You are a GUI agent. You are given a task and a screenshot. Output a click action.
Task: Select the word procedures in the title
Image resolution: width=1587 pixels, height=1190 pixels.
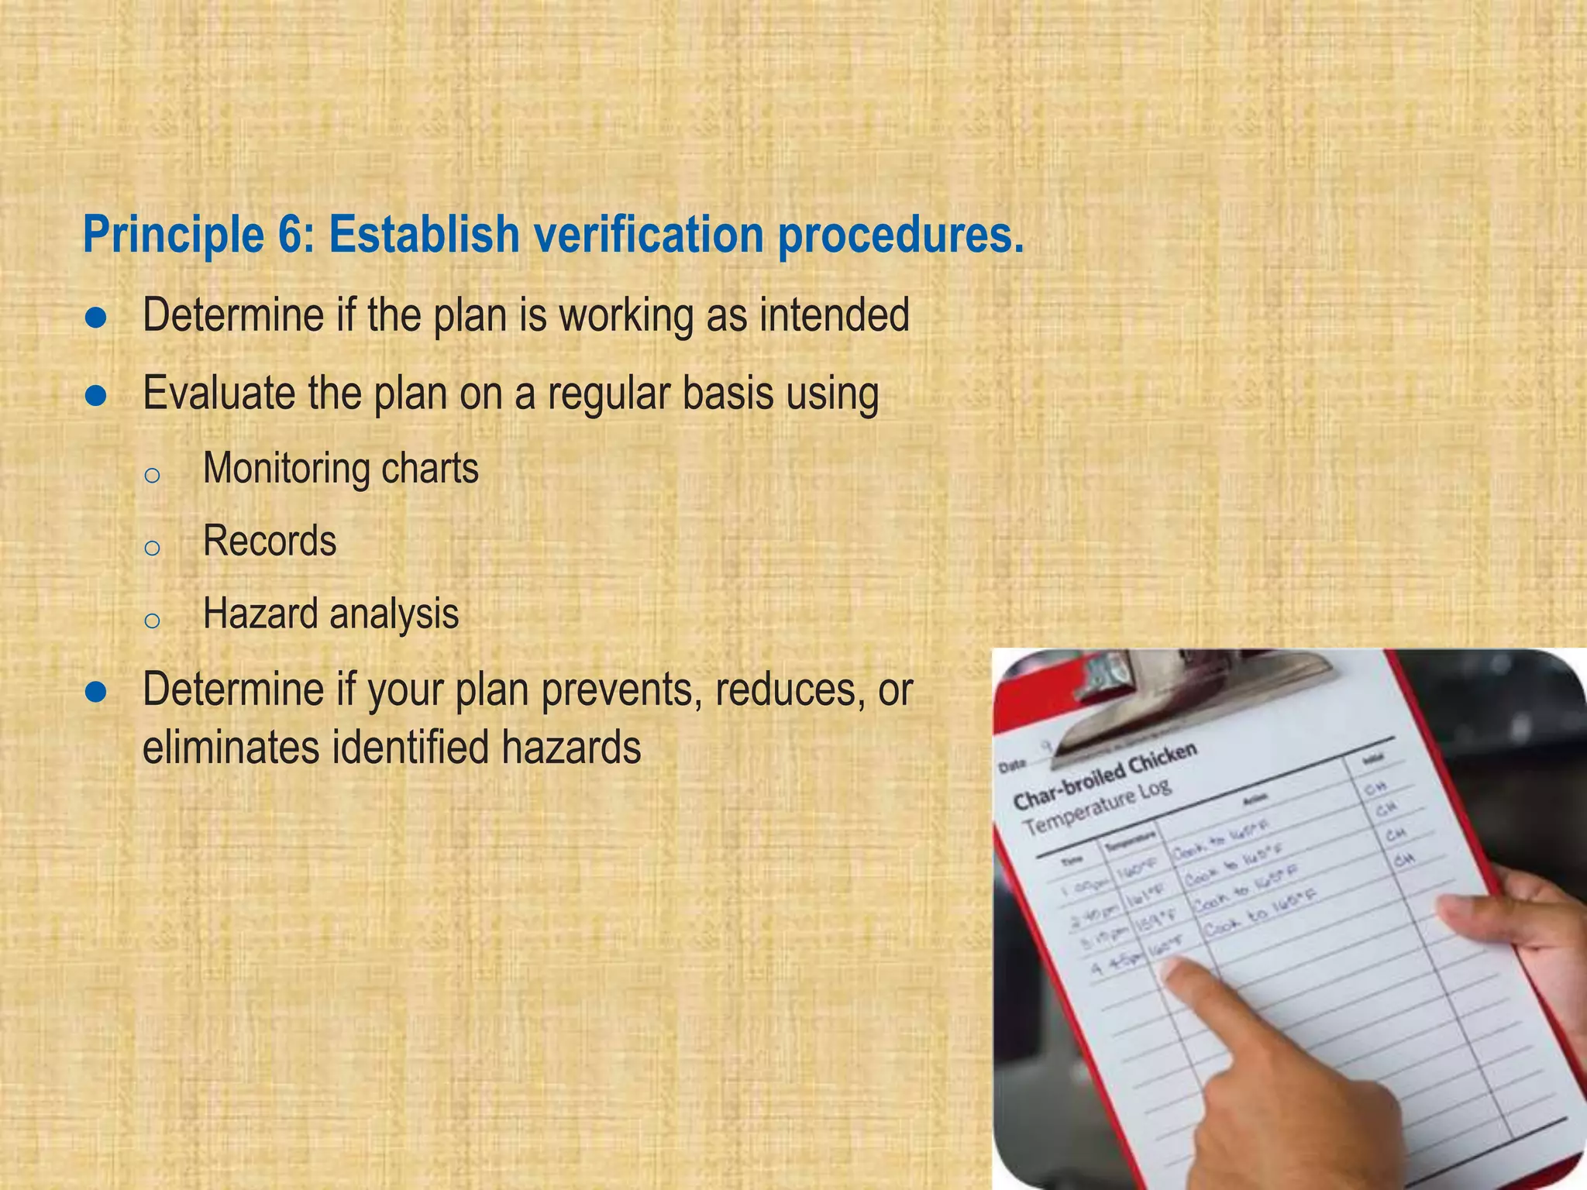pyautogui.click(x=900, y=236)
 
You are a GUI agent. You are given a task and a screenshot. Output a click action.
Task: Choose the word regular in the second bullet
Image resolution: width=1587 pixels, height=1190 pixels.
pyautogui.click(x=607, y=394)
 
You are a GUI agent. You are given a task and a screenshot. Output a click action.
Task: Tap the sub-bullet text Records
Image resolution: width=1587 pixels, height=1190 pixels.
pyautogui.click(x=269, y=541)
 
